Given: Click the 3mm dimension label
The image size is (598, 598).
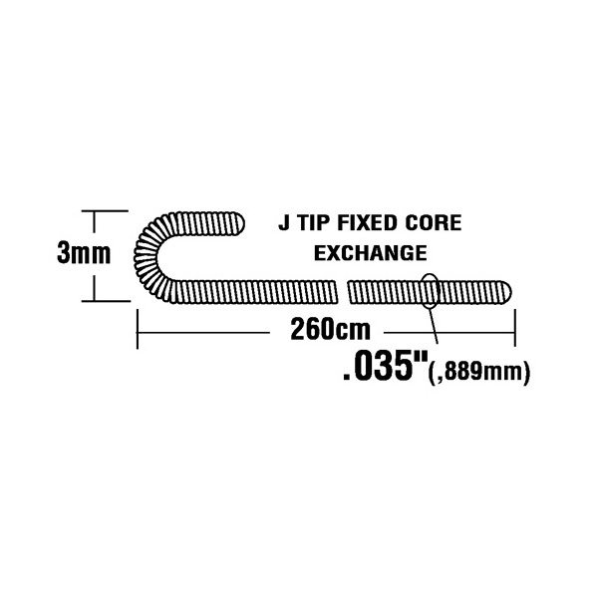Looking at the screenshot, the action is [84, 253].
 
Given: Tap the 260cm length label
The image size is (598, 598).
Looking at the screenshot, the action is [330, 329].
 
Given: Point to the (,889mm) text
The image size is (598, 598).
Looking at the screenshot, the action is [479, 372].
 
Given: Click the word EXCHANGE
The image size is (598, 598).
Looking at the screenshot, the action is [371, 253].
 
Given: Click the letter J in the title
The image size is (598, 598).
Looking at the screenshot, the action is [284, 222].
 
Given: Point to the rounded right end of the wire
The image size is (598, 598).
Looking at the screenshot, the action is [506, 292].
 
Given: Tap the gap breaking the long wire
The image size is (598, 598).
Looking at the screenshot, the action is [343, 292].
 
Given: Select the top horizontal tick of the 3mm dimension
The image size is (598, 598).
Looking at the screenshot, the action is [105, 210].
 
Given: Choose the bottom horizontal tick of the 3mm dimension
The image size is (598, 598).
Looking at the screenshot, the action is [106, 301].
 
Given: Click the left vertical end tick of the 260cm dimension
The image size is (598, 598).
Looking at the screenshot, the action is [137, 329].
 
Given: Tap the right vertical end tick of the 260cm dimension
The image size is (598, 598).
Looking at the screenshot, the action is [515, 328].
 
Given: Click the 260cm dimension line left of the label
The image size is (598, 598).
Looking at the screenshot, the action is [203, 333].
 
